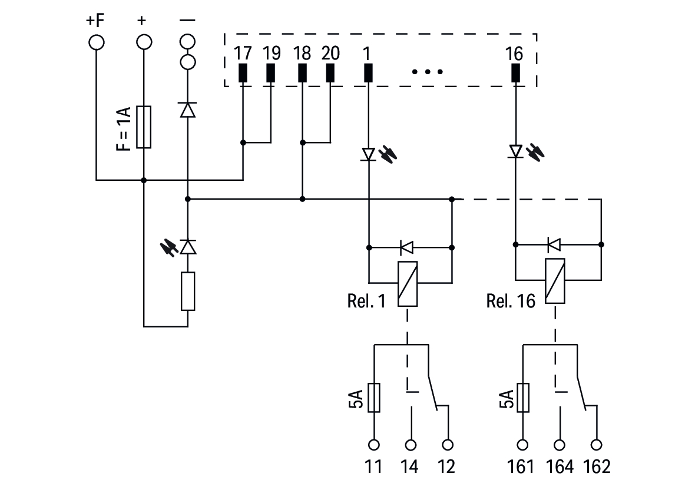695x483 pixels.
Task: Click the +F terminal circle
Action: (96, 42)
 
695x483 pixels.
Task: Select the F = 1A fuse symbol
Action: (144, 127)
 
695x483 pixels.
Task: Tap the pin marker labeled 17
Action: (243, 72)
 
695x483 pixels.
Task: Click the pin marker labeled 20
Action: (330, 72)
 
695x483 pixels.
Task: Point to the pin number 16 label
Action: (514, 54)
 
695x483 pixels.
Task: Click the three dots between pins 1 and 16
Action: (427, 72)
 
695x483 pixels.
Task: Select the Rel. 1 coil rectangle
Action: (408, 283)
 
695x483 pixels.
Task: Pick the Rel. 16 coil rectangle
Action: (555, 281)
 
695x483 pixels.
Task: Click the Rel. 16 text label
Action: (511, 302)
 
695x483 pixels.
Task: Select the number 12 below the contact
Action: (446, 467)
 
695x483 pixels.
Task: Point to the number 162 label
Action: (597, 467)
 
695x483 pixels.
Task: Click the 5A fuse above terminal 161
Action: (522, 398)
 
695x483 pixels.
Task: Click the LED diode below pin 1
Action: (369, 154)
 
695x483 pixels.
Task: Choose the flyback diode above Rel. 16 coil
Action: (553, 244)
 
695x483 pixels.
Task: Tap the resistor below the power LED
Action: (187, 291)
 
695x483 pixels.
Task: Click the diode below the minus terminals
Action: (187, 110)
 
